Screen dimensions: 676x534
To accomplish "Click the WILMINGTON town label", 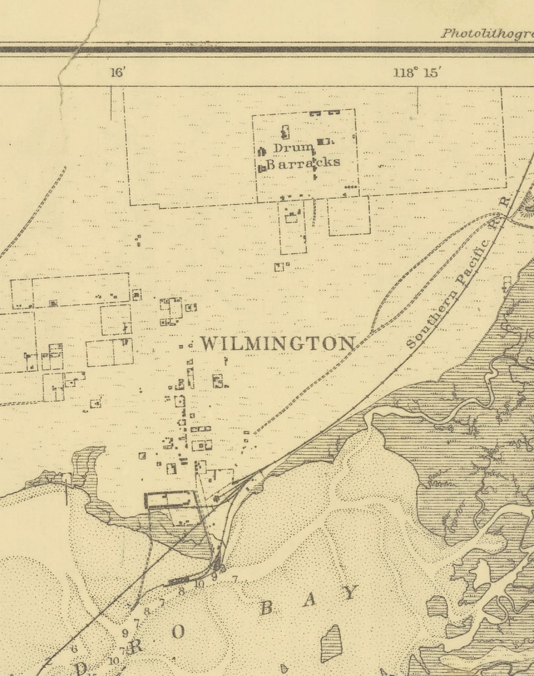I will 277,343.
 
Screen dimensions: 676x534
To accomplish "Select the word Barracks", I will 303,163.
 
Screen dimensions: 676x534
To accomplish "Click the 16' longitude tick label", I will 118,73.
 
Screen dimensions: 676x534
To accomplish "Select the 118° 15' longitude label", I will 416,73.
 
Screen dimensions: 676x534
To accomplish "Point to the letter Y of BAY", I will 350,593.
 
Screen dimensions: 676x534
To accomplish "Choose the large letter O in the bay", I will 178,632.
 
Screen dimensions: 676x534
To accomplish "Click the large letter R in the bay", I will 137,646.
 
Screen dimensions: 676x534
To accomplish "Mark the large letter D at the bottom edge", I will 81,668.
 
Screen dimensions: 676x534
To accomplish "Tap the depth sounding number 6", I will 74,649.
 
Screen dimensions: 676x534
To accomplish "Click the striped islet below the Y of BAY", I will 331,642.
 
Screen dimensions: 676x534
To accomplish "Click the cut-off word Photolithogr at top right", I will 486,33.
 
